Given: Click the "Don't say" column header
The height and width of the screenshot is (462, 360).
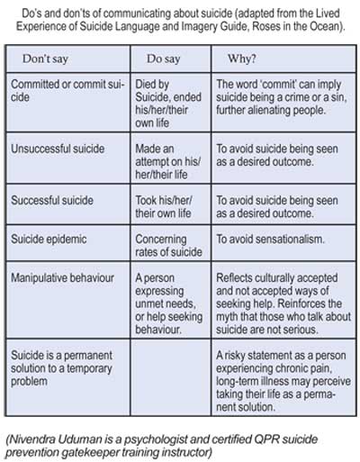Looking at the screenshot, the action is tap(45, 59).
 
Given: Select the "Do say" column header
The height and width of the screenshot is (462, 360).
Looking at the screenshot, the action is tap(163, 59).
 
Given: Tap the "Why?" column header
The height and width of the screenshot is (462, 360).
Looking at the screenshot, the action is tap(242, 59).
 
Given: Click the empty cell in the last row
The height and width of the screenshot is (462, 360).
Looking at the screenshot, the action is tap(171, 377).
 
